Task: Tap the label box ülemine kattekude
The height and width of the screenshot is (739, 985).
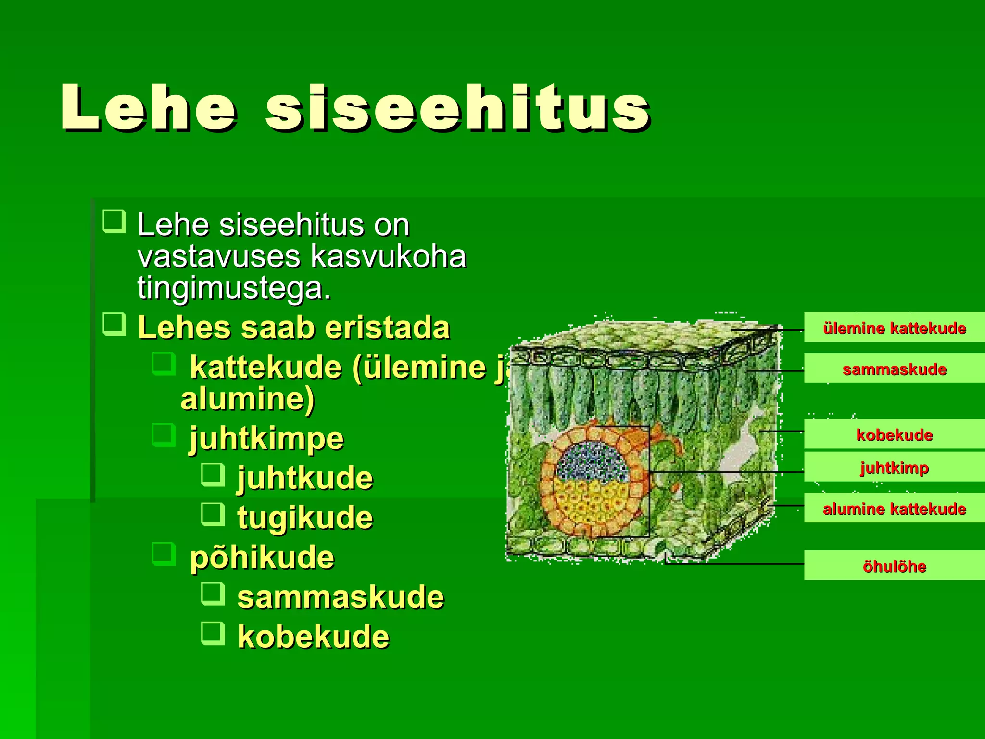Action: point(894,328)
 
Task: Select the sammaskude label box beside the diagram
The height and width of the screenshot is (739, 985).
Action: point(894,369)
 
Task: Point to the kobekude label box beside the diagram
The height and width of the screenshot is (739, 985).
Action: point(894,434)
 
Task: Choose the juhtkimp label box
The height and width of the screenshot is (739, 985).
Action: point(894,467)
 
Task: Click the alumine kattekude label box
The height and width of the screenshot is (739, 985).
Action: point(894,508)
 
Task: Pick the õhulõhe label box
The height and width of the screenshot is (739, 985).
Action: point(894,566)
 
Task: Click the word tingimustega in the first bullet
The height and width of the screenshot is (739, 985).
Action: point(234,289)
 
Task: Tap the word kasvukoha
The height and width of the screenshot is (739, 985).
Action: point(389,256)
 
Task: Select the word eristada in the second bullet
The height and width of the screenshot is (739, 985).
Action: point(387,328)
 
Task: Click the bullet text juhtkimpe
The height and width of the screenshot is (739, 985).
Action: point(266,439)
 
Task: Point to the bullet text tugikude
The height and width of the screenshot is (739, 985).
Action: point(305,518)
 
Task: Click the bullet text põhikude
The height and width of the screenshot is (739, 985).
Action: point(262,558)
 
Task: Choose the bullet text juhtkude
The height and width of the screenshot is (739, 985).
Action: point(305,478)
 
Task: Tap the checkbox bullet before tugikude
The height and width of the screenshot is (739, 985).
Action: point(213,514)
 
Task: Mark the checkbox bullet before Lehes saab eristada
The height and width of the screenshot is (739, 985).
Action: point(114,324)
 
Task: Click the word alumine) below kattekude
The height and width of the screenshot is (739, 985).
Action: point(247,399)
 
